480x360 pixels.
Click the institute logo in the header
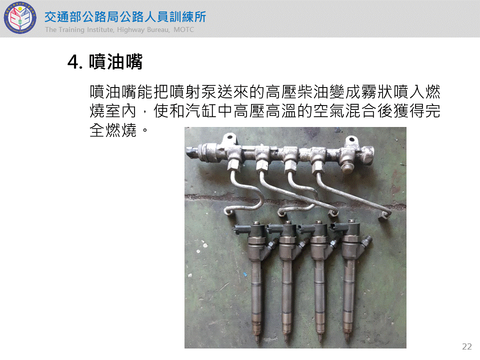click(20, 18)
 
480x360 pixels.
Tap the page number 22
click(467, 346)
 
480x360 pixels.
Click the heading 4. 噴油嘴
click(105, 61)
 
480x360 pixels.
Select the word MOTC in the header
click(183, 29)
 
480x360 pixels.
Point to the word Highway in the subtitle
click(130, 29)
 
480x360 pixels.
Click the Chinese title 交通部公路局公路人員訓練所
click(125, 17)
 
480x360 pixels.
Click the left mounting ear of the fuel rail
click(229, 140)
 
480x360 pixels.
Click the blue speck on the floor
click(245, 273)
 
